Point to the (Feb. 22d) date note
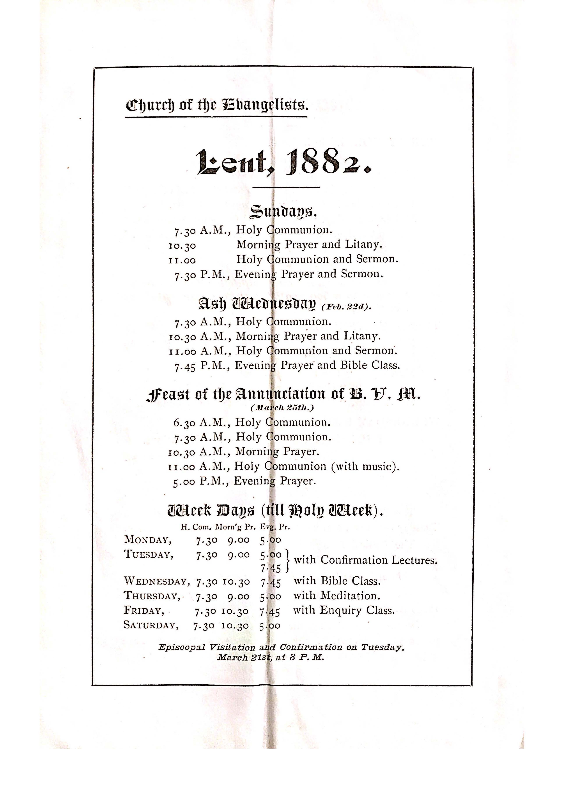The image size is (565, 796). [347, 307]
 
